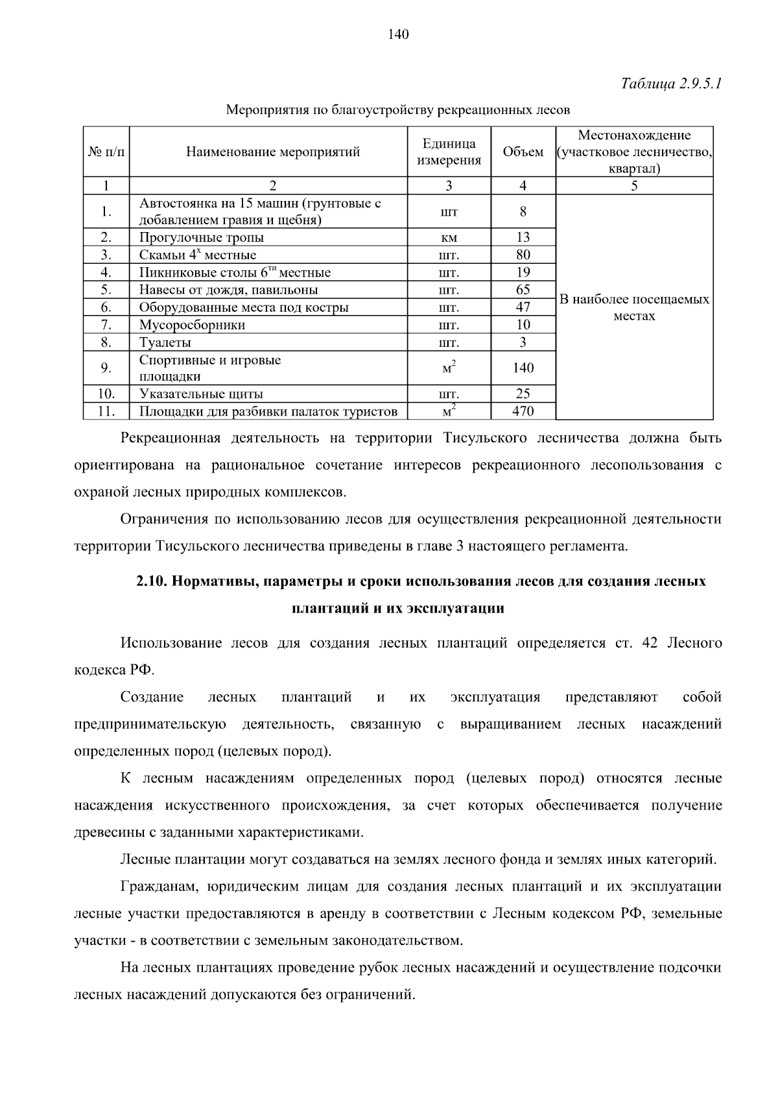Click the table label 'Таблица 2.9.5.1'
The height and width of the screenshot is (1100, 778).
[671, 84]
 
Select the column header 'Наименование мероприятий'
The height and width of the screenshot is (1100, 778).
[272, 152]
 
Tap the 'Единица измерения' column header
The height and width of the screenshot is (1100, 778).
[449, 152]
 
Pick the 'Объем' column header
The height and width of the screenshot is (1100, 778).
[523, 152]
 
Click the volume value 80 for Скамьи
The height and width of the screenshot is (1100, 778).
[523, 255]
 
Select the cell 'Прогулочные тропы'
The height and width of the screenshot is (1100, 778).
[202, 237]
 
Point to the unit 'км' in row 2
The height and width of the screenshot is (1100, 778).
[449, 238]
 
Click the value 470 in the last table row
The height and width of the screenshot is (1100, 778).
[523, 411]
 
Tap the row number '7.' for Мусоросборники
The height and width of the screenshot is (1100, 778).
[106, 325]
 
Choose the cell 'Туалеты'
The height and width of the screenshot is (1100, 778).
[165, 342]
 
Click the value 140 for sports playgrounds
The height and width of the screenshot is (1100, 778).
[523, 368]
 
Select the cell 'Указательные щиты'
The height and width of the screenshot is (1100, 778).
[201, 393]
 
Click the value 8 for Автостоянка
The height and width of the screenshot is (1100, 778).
[523, 212]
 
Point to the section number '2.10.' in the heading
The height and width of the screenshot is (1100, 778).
[152, 581]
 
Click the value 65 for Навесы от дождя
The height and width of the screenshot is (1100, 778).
[523, 290]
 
